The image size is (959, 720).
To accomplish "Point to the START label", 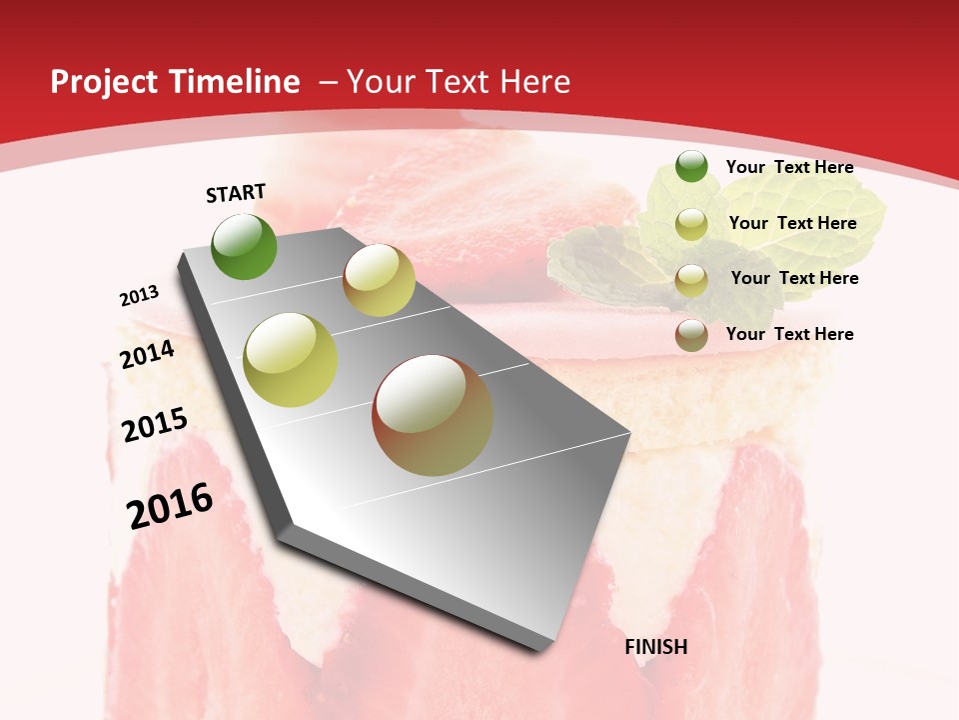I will (x=236, y=193).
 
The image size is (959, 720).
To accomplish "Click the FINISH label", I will (x=656, y=647).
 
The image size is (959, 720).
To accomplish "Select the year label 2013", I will (x=140, y=296).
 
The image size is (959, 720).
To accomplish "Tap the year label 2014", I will (x=148, y=354).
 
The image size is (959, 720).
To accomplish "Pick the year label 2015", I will (x=155, y=425).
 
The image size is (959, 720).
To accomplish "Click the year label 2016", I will (x=170, y=506).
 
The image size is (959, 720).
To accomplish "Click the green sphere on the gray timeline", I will (x=244, y=246).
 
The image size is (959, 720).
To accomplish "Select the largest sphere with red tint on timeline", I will (x=433, y=415).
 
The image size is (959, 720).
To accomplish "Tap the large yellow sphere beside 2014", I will (x=291, y=360).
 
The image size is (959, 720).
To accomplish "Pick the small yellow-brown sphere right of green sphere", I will (x=379, y=280).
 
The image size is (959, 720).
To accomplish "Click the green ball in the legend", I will (x=691, y=166).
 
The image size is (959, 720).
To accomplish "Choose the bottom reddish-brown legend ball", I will (x=691, y=335).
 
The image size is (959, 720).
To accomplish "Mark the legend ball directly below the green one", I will (x=691, y=224).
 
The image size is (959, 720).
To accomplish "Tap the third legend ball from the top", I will (x=691, y=280).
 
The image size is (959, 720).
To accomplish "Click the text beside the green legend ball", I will (x=789, y=167).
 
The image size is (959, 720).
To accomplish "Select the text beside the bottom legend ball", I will (x=789, y=334).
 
